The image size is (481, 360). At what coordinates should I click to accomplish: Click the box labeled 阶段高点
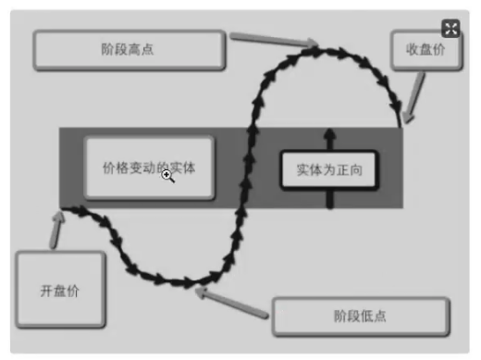129,50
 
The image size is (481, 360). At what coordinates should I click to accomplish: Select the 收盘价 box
425,51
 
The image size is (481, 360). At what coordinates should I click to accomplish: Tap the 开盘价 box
60,291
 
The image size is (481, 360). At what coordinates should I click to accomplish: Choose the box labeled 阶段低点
360,317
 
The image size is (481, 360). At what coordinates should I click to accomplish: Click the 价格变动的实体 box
149,168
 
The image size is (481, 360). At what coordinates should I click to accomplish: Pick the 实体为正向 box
329,170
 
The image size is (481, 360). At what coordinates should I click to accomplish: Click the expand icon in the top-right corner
450,29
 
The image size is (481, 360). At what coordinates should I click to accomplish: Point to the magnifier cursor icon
168,175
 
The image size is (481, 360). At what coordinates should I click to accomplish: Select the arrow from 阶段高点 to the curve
273,40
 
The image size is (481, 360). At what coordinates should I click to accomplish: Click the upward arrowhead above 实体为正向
329,135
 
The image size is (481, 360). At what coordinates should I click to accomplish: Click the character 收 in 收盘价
413,51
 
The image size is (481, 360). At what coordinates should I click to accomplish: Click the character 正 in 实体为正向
342,170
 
